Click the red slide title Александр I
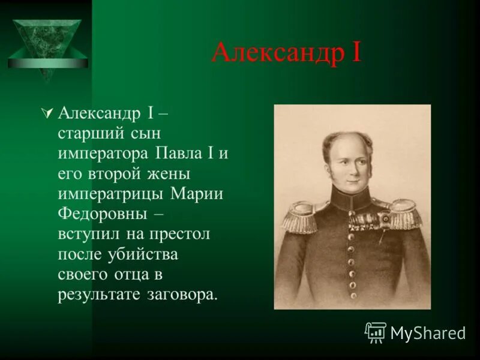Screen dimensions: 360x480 [x=286, y=53]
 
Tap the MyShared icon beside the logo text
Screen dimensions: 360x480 [x=376, y=332]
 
